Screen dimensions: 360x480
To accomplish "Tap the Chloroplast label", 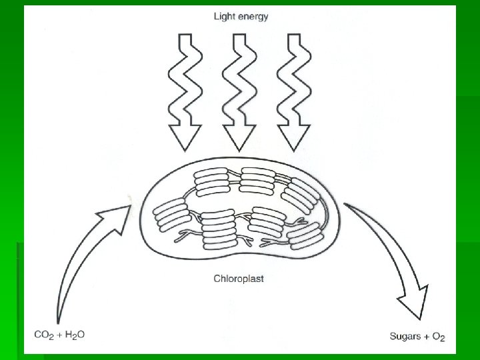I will [238, 279].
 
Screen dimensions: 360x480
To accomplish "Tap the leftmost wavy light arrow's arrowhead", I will [184, 136].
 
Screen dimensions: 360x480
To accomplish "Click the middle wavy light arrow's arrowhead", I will [239, 136].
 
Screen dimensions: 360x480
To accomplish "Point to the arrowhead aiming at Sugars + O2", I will [414, 304].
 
